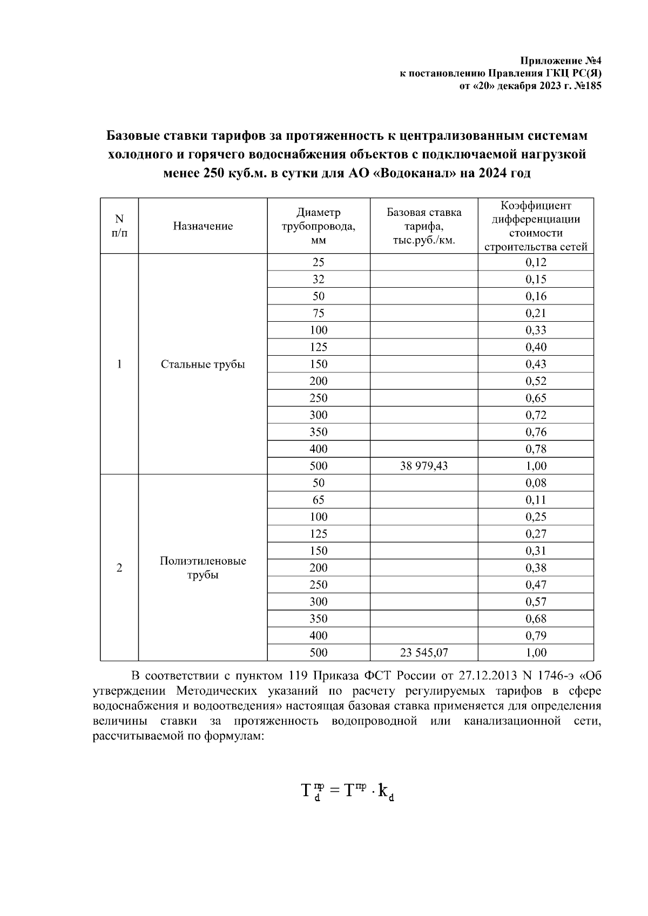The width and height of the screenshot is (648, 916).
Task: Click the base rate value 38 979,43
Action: pos(423,466)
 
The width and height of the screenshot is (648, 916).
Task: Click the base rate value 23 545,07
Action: pos(423,653)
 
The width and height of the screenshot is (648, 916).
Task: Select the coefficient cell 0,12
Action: pos(536,262)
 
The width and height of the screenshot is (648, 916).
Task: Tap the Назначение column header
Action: pos(202,226)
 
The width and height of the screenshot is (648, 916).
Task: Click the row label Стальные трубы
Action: pos(202,364)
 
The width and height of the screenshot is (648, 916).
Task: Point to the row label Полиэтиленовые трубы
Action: pos(202,568)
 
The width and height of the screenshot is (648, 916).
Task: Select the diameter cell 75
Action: pos(318,313)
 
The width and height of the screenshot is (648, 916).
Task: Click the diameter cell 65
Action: pos(318,500)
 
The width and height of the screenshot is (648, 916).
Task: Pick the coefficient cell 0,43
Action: pos(536,364)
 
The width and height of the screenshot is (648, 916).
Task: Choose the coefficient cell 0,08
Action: pos(536,483)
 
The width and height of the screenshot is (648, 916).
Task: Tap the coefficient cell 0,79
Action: pos(536,636)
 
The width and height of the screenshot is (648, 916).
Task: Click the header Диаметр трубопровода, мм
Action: pos(318,226)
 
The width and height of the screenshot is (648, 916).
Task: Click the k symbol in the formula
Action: pos(383,791)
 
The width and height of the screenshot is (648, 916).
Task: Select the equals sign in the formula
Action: pos(335,791)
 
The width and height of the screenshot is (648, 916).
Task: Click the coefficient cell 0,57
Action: pos(536,602)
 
